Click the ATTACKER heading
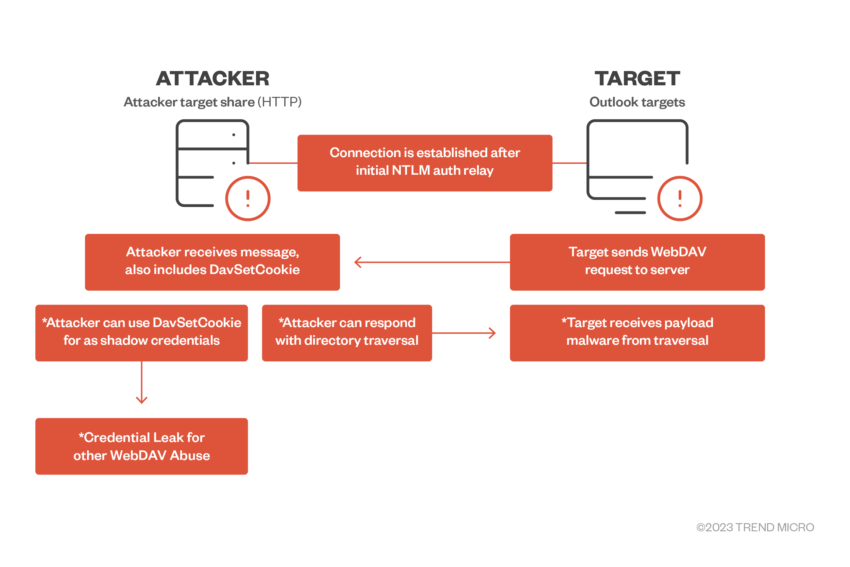tap(213, 79)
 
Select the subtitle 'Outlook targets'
tap(637, 102)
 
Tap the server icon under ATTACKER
tap(177, 163)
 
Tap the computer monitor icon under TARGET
tap(588, 163)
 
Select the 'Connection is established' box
tap(425, 163)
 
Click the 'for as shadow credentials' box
tap(141, 333)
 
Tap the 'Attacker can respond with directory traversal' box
tap(347, 333)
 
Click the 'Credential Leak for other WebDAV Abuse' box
tap(141, 446)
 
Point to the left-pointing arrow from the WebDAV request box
tap(432, 262)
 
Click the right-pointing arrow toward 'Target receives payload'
tap(464, 333)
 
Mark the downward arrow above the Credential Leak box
tap(141, 382)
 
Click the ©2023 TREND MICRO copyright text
tap(755, 527)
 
